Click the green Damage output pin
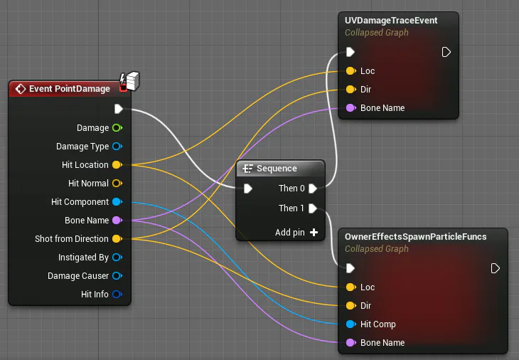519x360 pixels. coord(117,128)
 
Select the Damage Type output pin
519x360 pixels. coord(117,147)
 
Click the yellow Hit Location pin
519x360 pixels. coord(117,165)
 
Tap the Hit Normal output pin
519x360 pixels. coord(117,183)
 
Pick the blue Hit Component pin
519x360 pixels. coord(117,201)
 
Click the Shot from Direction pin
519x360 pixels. coord(117,239)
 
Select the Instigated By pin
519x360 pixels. coord(117,258)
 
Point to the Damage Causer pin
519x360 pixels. coord(117,276)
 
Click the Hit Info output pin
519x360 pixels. coord(117,294)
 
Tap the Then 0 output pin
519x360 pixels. coord(313,189)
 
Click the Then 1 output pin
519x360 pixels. coord(313,208)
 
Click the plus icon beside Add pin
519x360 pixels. coord(314,233)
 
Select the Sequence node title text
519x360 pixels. coord(277,169)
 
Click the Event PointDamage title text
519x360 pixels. coord(70,89)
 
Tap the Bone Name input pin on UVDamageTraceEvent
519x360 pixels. coord(351,108)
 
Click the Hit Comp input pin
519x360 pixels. coord(351,324)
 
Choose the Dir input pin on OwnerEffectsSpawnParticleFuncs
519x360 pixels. coord(351,306)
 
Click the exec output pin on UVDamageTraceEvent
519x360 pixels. coord(446,52)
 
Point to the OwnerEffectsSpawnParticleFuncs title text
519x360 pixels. coord(416,237)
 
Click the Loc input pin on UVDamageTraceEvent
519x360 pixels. coord(351,71)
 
